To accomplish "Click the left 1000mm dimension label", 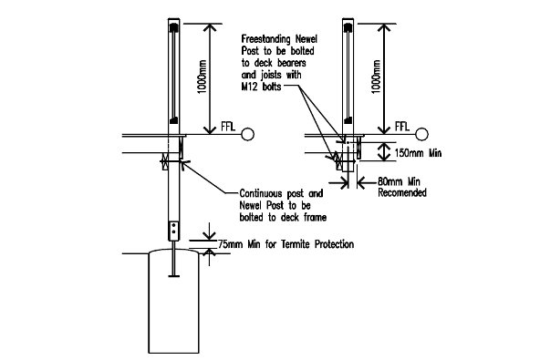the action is coord(202,77).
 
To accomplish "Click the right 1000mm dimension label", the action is coord(377,77).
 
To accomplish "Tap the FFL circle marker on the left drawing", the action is coord(247,134).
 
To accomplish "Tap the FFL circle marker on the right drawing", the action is coord(421,134).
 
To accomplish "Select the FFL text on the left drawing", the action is coord(228,127).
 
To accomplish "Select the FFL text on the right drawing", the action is coord(402,127).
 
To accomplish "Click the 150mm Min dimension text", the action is coord(418,153).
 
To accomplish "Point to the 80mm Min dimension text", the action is coord(399,181).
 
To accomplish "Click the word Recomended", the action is coord(402,192).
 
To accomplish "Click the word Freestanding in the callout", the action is coord(265,39).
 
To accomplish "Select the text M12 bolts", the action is coord(261,87).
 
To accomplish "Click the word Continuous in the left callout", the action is coord(261,193).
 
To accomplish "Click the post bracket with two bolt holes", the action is coord(174,231).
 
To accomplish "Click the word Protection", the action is coord(335,244).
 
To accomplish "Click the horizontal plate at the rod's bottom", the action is coord(174,275).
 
